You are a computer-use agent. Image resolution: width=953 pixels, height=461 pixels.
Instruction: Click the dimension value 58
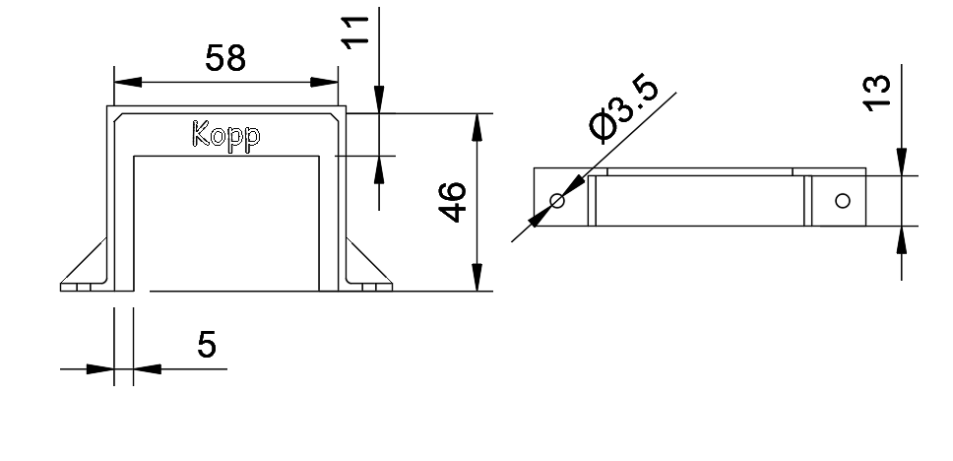(x=224, y=58)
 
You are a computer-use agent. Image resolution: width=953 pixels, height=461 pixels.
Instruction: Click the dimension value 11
(x=357, y=31)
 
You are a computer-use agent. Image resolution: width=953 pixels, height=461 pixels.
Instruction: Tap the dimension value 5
(x=208, y=346)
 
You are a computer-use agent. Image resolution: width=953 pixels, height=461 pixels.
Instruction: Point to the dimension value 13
(x=877, y=91)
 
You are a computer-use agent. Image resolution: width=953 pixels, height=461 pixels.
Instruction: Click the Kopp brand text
(x=226, y=136)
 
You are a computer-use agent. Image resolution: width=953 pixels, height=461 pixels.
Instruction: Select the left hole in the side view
(x=557, y=201)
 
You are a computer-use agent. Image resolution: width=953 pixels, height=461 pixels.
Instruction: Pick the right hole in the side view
(x=841, y=201)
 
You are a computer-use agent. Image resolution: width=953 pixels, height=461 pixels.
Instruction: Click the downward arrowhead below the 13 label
(x=901, y=164)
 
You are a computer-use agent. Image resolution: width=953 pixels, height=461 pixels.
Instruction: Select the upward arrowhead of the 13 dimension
(x=901, y=239)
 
